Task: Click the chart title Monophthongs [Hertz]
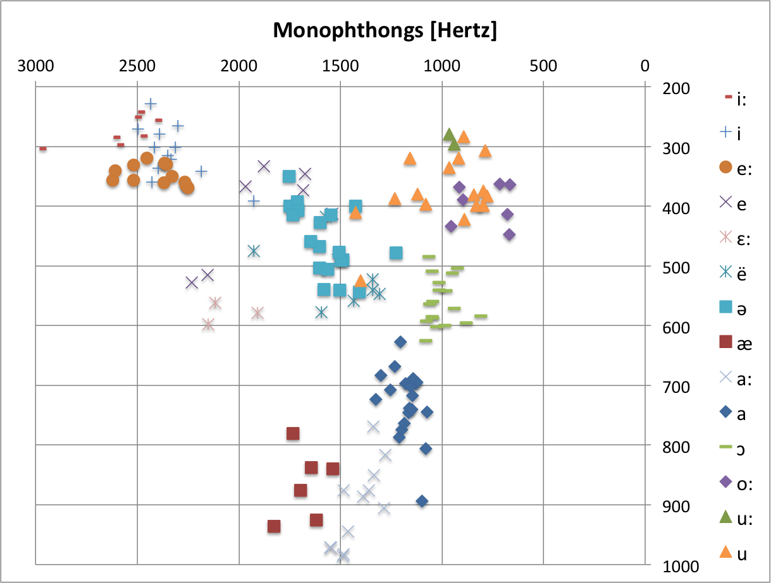385,30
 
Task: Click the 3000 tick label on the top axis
36,64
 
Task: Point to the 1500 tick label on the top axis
340,64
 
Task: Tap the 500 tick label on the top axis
543,64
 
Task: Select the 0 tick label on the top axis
645,64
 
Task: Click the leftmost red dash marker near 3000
42,148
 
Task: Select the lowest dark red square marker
274,527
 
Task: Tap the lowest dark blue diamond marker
422,502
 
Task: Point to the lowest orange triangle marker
361,280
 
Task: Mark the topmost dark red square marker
293,433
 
